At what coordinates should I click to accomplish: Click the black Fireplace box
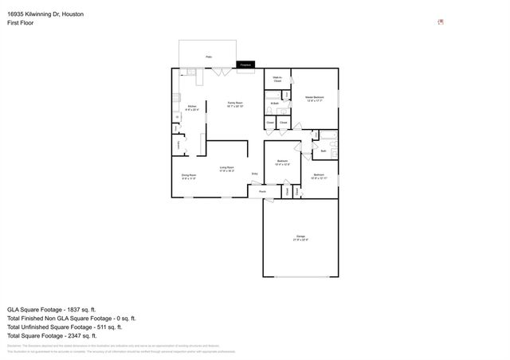click(245, 65)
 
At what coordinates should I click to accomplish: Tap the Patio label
click(209, 57)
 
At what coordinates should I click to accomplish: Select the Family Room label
click(234, 104)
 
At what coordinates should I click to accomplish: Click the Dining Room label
click(189, 177)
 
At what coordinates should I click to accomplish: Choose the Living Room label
click(226, 168)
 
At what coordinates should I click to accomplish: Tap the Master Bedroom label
click(314, 98)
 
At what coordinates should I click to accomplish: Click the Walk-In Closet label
click(277, 79)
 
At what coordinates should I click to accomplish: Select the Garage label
click(301, 237)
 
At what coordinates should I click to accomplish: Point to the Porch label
click(262, 191)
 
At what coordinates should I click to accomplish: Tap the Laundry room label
click(178, 143)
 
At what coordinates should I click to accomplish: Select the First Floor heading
click(22, 24)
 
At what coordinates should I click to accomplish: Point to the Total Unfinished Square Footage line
click(64, 327)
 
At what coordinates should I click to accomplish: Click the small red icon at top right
click(441, 22)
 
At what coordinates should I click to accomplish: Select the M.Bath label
click(274, 104)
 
